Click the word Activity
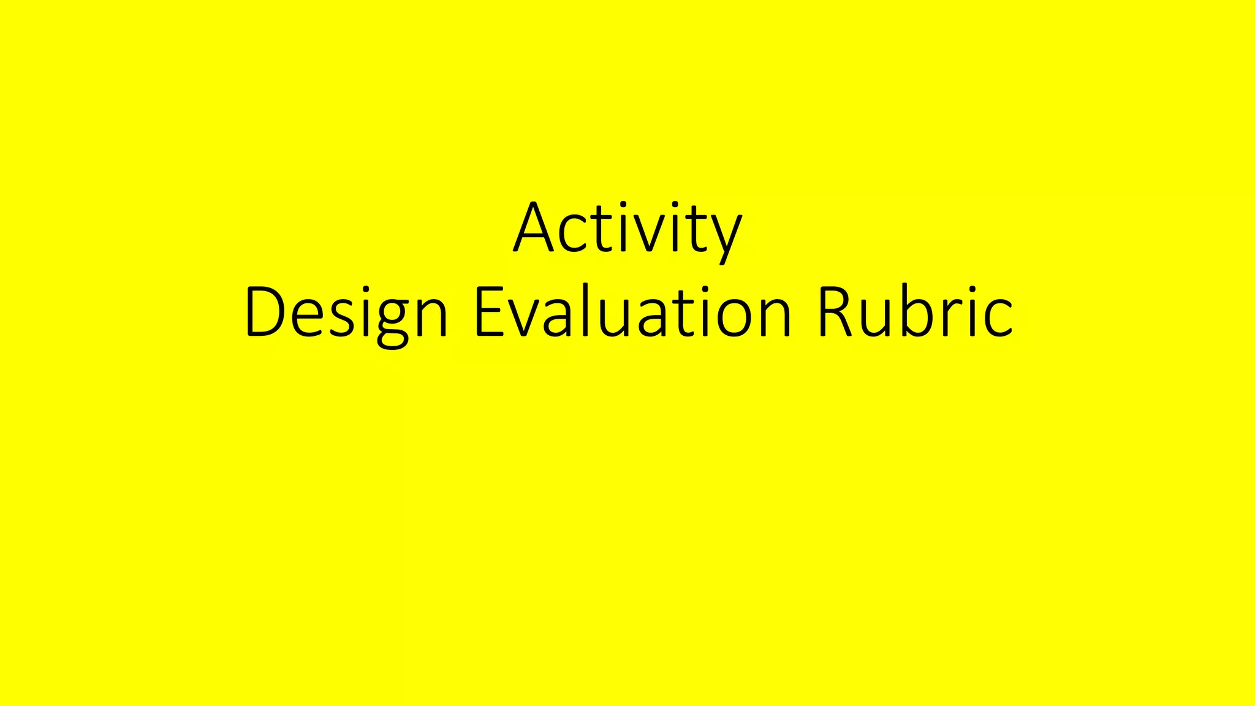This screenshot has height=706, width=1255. pyautogui.click(x=627, y=228)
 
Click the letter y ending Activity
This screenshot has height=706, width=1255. pyautogui.click(x=726, y=236)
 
